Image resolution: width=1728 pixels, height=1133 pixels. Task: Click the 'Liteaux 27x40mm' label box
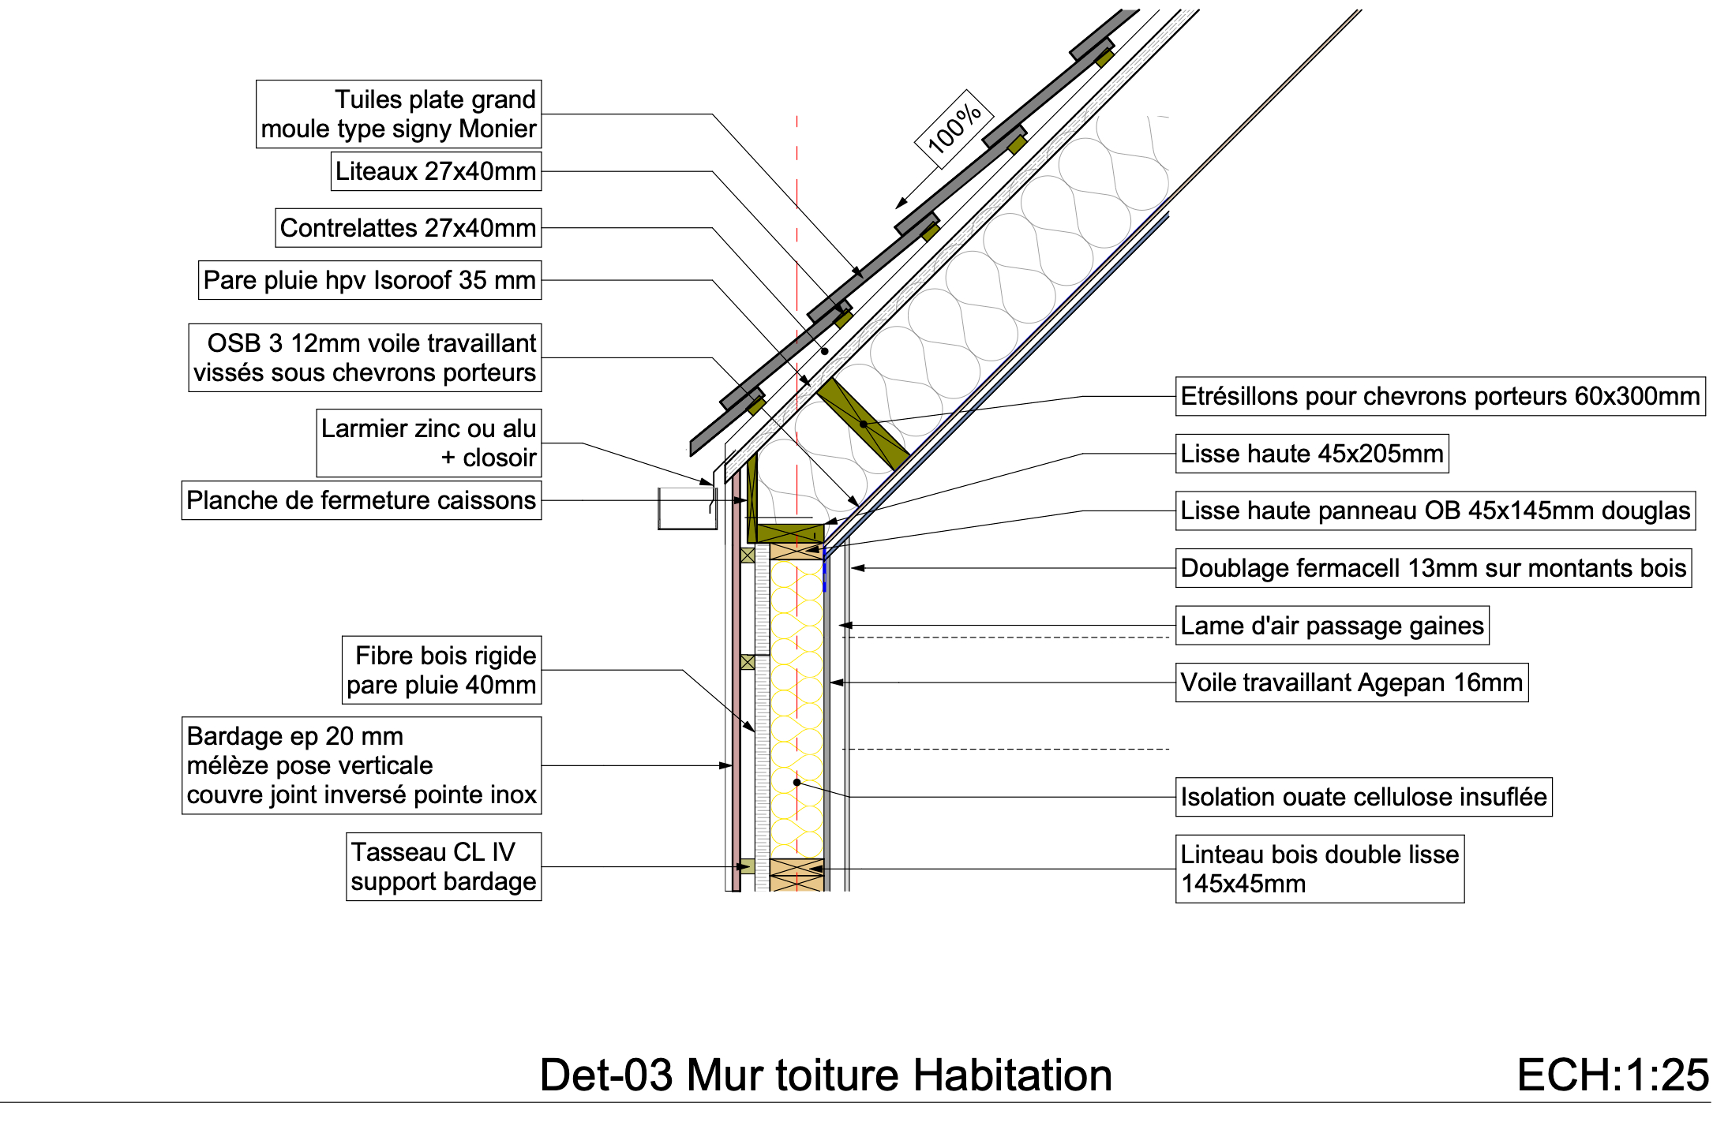[436, 171]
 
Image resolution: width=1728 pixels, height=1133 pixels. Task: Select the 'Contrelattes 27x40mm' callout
[408, 228]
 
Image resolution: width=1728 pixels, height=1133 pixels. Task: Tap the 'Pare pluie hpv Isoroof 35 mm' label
[369, 280]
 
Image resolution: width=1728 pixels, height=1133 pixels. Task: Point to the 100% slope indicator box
[954, 129]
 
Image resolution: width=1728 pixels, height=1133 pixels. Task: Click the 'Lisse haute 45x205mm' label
[1311, 454]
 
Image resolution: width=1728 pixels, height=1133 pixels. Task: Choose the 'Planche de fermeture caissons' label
[361, 500]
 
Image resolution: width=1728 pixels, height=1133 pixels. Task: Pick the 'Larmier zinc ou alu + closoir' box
[429, 443]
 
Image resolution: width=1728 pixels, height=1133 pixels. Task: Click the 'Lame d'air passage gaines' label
[1332, 626]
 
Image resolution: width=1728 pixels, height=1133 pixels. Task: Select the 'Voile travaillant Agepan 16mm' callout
[1351, 682]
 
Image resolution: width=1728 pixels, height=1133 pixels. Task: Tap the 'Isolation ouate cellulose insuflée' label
[1363, 797]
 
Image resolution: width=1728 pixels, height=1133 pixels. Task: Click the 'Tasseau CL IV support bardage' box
[444, 866]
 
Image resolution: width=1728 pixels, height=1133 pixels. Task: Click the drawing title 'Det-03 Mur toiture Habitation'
[826, 1075]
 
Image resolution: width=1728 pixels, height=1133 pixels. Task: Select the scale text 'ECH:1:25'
[1613, 1075]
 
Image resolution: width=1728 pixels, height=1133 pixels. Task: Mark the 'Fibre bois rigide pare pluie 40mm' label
[441, 670]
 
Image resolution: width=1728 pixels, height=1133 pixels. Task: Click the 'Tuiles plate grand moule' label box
[399, 114]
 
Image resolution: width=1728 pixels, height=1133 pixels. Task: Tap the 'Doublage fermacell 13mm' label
[1433, 568]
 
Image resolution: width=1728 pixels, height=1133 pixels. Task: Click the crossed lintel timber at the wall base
[797, 874]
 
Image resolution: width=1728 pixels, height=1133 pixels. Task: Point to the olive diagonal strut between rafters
[864, 424]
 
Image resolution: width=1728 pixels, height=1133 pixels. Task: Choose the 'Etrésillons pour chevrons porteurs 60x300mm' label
[1440, 396]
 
